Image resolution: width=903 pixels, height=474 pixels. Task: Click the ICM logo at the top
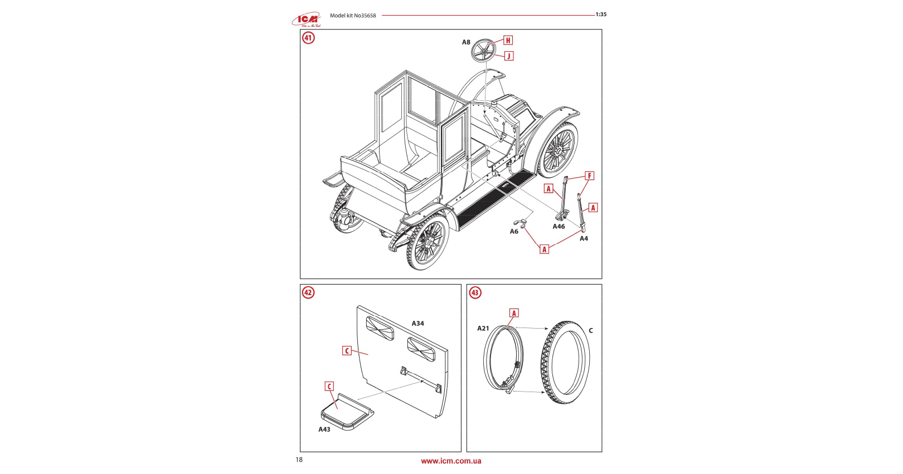(x=306, y=20)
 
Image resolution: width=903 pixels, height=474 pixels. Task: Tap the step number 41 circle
(x=308, y=38)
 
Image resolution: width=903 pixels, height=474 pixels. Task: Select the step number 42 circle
(x=308, y=292)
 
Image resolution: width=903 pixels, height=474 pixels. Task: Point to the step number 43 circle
(x=475, y=292)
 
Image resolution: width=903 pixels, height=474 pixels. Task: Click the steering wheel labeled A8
(x=483, y=51)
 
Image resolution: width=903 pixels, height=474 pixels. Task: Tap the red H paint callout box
(x=508, y=40)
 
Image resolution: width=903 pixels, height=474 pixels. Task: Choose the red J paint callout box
(x=508, y=56)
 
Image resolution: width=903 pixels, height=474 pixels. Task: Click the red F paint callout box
(x=589, y=176)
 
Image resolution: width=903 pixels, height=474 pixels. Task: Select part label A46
(x=559, y=227)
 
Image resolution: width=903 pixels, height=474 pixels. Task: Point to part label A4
(x=584, y=238)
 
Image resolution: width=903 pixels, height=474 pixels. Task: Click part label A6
(x=514, y=232)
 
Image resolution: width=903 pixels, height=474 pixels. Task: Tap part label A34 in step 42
(x=417, y=324)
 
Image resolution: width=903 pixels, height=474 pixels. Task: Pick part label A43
(x=324, y=429)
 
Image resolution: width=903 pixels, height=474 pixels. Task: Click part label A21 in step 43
(x=483, y=329)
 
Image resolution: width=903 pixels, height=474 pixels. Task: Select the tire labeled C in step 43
(x=565, y=362)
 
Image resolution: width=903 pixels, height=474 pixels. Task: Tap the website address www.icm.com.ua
(x=451, y=461)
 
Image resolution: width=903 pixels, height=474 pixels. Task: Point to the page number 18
(x=299, y=460)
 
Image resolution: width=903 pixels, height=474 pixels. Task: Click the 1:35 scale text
(x=601, y=14)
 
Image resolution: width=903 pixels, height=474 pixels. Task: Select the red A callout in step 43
(x=514, y=313)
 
